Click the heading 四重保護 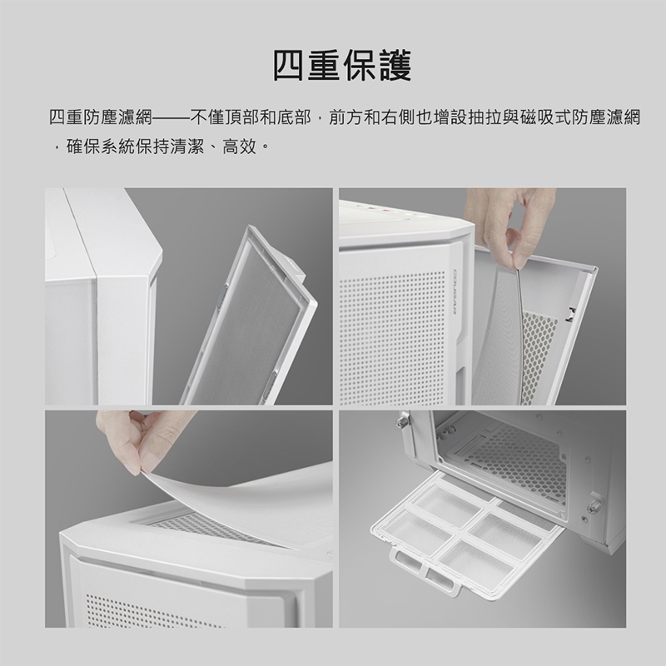[341, 66]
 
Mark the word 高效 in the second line [241, 147]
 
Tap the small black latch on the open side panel [572, 314]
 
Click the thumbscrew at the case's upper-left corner [400, 420]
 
